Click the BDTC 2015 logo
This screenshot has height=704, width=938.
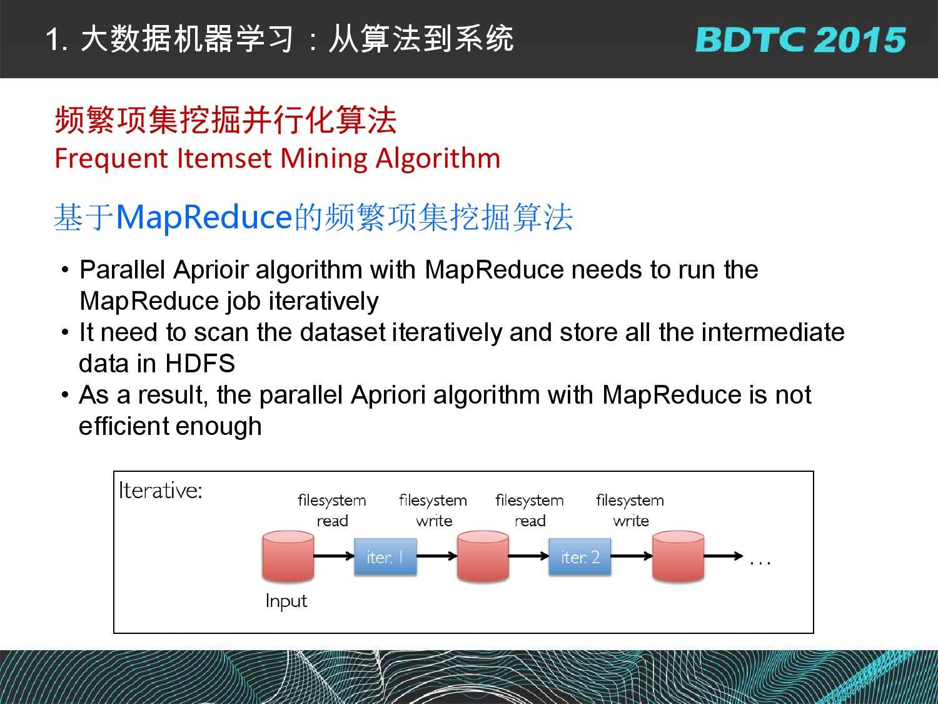[x=800, y=40]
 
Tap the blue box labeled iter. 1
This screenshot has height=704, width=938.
[x=385, y=556]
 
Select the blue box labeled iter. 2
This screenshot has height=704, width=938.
[x=580, y=556]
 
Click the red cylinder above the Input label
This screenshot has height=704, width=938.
[x=288, y=556]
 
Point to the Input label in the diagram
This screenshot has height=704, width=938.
[x=286, y=601]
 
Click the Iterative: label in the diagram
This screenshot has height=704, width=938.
[x=160, y=490]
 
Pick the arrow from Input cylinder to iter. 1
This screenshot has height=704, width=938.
[x=334, y=556]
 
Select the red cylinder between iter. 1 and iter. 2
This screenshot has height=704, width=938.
[x=483, y=556]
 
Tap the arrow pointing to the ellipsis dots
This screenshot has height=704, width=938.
[x=724, y=556]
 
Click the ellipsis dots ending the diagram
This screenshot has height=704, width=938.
[x=760, y=564]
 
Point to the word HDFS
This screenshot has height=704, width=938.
[x=200, y=364]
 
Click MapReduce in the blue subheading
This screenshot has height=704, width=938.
[x=204, y=218]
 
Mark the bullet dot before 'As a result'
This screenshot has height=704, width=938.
[x=65, y=394]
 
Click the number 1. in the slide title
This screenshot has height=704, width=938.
[x=56, y=40]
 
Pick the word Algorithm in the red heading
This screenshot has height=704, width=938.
[x=438, y=160]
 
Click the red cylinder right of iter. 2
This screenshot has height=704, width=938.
[x=678, y=556]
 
